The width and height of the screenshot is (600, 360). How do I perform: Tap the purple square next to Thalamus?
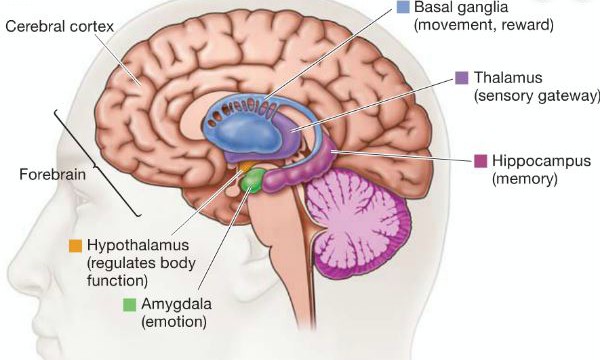(x=462, y=77)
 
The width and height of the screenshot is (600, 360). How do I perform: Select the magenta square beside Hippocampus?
(x=480, y=161)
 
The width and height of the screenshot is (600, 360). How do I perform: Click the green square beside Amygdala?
(x=129, y=304)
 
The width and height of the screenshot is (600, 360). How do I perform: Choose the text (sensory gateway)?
(x=539, y=95)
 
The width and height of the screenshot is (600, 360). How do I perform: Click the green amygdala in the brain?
(x=254, y=181)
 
